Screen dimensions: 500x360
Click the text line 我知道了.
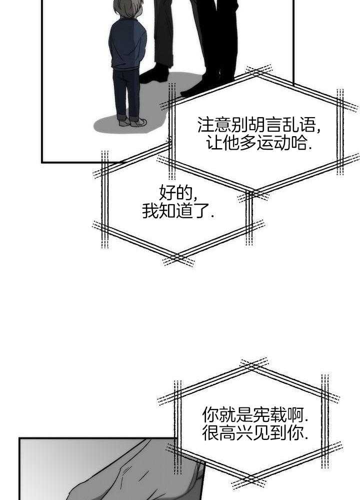pos(178,211)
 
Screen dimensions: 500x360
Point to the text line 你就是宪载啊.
pos(255,414)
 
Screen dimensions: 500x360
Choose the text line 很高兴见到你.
pos(255,433)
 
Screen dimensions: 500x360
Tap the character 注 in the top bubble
pos(205,124)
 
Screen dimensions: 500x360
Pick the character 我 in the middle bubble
pos(150,211)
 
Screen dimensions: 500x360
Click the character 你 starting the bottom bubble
pos(210,414)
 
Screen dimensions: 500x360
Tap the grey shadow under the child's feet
pos(110,125)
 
